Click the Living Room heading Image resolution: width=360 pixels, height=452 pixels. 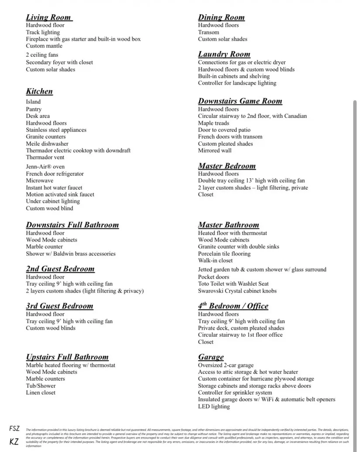pyautogui.click(x=49, y=17)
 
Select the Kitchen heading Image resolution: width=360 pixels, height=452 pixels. pyautogui.click(x=39, y=91)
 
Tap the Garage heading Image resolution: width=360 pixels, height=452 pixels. pyautogui.click(x=211, y=357)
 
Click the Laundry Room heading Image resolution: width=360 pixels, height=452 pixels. pyautogui.click(x=224, y=54)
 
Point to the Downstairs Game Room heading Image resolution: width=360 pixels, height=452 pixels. pyautogui.click(x=240, y=101)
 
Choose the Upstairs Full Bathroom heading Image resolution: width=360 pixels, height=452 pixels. pyautogui.click(x=67, y=357)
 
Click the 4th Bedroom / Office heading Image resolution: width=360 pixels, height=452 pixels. pyautogui.click(x=233, y=306)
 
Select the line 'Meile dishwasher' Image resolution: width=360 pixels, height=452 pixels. pyautogui.click(x=47, y=144)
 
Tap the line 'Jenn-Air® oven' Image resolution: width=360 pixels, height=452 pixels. pyautogui.click(x=45, y=166)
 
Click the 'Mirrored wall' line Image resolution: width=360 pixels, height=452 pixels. pyautogui.click(x=215, y=151)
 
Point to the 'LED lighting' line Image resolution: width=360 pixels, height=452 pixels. pyautogui.click(x=214, y=407)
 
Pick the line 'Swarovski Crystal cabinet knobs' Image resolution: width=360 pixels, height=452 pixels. pyautogui.click(x=237, y=291)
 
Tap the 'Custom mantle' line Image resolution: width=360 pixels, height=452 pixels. pyautogui.click(x=44, y=46)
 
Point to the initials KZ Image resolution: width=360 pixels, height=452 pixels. pyautogui.click(x=14, y=442)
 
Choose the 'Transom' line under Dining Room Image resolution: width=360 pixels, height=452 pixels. pyautogui.click(x=209, y=32)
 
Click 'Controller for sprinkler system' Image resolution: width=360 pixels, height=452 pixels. pyautogui.click(x=235, y=393)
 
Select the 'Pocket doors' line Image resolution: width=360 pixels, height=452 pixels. pyautogui.click(x=213, y=277)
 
